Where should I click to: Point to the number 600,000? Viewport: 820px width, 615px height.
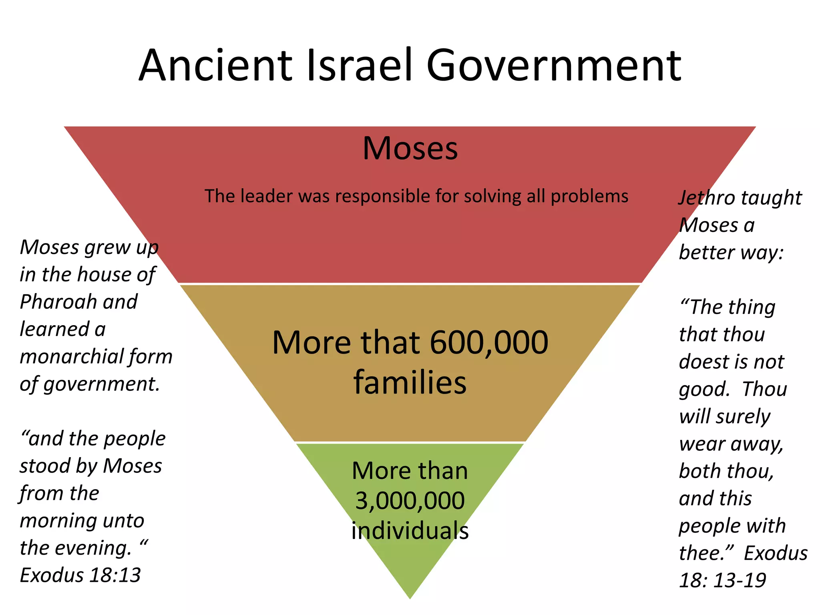(x=489, y=343)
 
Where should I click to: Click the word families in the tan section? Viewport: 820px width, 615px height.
(x=410, y=382)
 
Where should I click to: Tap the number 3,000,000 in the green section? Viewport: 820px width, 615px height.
(x=410, y=501)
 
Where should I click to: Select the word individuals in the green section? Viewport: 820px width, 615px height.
(x=410, y=531)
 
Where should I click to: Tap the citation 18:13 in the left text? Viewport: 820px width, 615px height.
(x=115, y=575)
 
